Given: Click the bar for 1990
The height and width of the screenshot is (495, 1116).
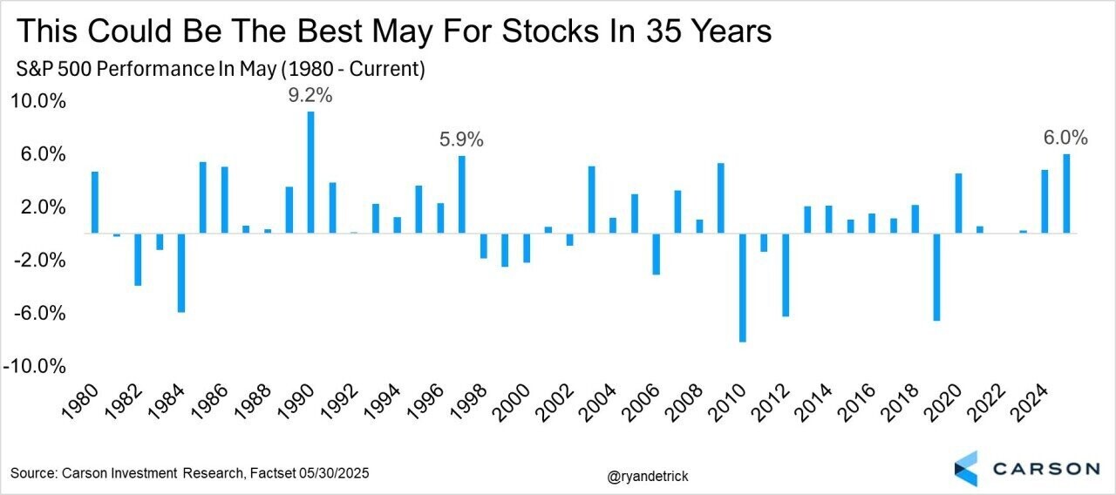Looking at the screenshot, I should pos(310,173).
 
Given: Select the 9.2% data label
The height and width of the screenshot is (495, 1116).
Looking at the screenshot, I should pos(310,96).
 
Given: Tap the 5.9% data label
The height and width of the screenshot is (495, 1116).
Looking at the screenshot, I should pos(461,139).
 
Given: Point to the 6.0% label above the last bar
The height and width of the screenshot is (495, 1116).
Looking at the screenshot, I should pos(1065,138).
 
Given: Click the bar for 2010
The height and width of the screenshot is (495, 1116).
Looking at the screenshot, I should pos(743,288).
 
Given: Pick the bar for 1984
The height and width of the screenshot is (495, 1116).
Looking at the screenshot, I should pos(181,273).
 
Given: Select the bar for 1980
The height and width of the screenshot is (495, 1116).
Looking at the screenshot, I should pos(94,202).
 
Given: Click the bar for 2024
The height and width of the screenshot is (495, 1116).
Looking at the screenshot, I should pos(1045,201).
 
